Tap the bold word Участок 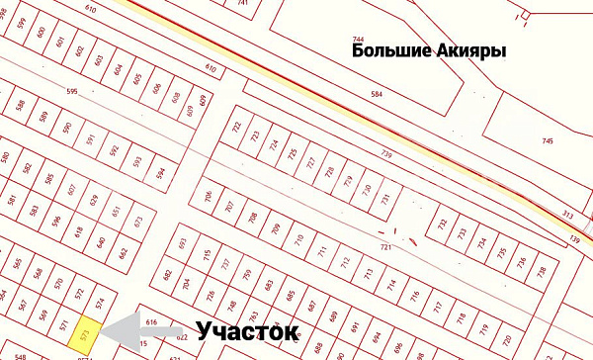[247, 331]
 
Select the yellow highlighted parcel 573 [85, 330]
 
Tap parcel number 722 [236, 128]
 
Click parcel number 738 [541, 271]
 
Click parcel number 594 [160, 172]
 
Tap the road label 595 [71, 91]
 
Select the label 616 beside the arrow [151, 322]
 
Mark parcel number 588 [21, 105]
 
